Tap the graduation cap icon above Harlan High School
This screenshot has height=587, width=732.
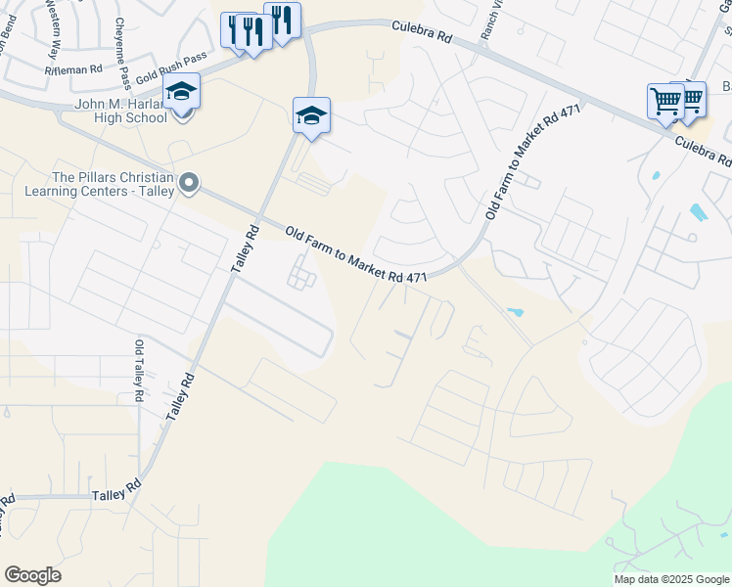click(181, 92)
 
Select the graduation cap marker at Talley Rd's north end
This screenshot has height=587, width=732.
click(311, 115)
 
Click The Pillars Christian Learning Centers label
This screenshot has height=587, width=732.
click(114, 184)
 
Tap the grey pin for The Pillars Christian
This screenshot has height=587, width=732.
click(190, 182)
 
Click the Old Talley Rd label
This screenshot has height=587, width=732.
click(139, 373)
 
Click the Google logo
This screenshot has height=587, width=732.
click(32, 575)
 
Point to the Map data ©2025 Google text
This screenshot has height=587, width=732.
click(670, 579)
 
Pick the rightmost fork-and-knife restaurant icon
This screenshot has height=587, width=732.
click(282, 20)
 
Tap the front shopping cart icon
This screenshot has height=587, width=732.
click(665, 101)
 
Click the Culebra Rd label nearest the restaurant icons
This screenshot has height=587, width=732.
click(422, 34)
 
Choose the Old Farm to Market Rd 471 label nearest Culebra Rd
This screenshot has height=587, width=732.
click(534, 160)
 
